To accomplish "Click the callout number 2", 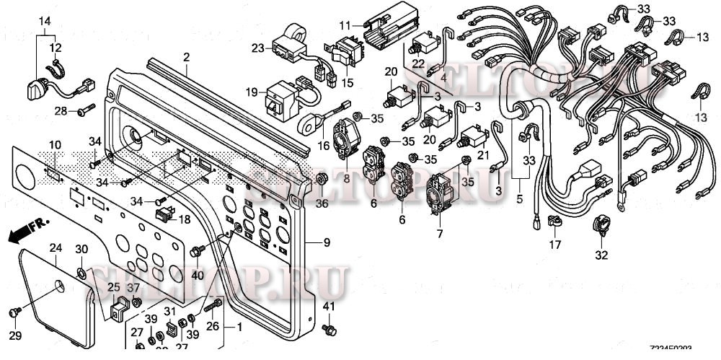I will click(186, 57).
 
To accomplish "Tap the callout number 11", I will click(344, 25).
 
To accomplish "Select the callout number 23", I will click(258, 48).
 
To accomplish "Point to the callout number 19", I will click(251, 92).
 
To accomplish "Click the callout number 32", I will click(601, 255).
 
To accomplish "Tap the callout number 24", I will click(56, 247).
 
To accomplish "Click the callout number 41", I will click(329, 308).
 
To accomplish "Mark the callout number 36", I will click(322, 204).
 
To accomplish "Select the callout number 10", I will click(55, 146).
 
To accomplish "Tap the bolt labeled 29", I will click(13, 312).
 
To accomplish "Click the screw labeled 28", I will click(85, 110).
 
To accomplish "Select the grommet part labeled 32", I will click(601, 226).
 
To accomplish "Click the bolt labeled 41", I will click(329, 330).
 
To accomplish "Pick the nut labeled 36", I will click(322, 179).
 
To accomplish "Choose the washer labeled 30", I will click(82, 273).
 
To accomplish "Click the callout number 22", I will click(419, 63).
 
